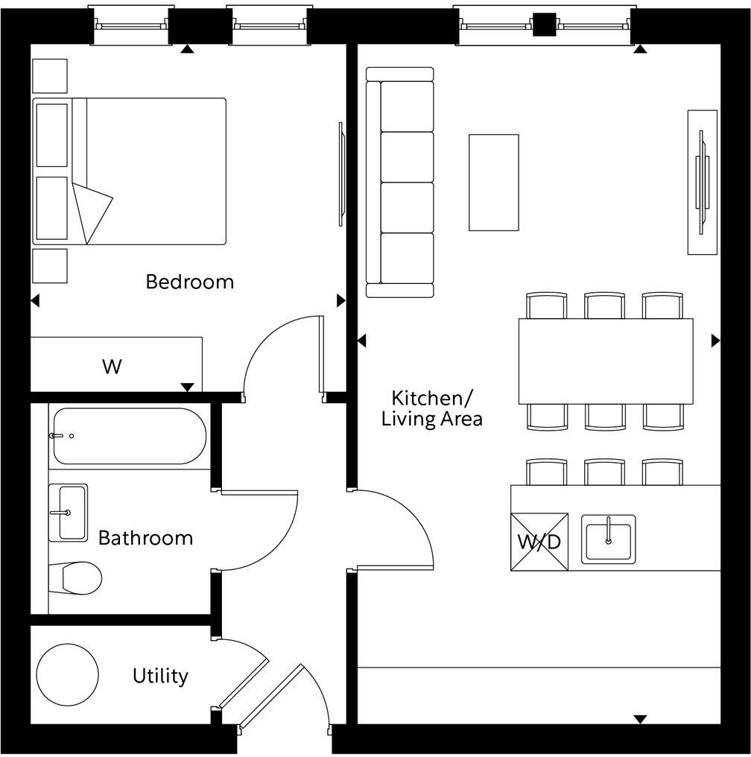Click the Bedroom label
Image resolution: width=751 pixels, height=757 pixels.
189,282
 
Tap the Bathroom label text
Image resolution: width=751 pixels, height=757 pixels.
145,537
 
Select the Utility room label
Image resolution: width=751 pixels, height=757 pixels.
160,676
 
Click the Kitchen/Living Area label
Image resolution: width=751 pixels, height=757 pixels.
431,408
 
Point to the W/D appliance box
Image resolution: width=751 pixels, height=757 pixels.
539,542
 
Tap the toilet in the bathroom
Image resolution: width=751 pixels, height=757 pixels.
75,577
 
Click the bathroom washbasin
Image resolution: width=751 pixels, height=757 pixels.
69,513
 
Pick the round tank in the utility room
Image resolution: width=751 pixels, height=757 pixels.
68,675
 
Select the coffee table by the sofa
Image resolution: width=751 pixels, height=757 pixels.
493,183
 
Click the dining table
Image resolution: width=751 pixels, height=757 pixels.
606,361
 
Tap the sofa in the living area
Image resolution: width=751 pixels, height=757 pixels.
399,183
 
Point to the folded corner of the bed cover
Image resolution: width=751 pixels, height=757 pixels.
91,211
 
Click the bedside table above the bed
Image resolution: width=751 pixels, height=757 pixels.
50,76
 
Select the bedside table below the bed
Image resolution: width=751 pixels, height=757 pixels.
50,265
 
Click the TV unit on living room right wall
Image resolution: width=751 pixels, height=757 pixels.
702,183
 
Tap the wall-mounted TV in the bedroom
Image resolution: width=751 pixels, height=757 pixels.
341,173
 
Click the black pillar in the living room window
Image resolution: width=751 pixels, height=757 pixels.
545,25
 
